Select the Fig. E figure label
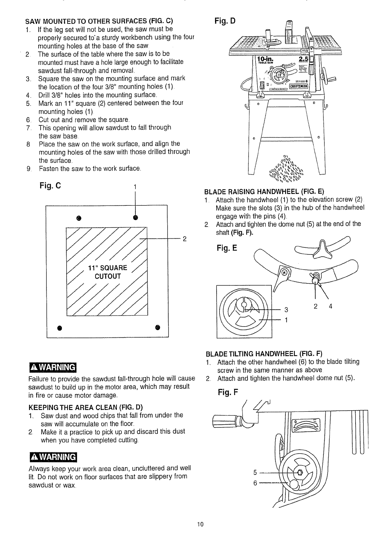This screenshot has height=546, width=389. click(227, 248)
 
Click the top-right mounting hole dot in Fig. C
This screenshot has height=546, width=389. click(135, 217)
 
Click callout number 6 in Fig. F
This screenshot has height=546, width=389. click(255, 483)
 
